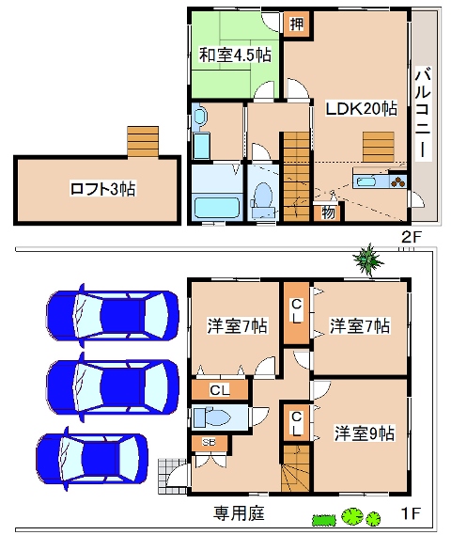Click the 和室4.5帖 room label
(x=235, y=55)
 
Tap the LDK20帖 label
(x=362, y=108)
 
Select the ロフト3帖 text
(x=102, y=189)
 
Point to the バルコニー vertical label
(x=424, y=114)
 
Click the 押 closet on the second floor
(x=297, y=24)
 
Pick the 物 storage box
(x=329, y=212)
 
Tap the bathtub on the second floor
(x=217, y=207)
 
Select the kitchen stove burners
(x=398, y=181)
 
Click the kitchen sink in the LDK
(x=365, y=181)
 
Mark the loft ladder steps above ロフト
(x=143, y=142)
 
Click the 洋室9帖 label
(x=365, y=433)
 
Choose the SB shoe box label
(x=209, y=442)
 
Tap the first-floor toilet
(x=212, y=417)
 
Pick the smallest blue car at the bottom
(x=92, y=459)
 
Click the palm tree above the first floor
(x=368, y=260)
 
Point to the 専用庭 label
(x=239, y=513)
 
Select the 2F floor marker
(x=412, y=237)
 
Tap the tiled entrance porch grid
(x=169, y=477)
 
